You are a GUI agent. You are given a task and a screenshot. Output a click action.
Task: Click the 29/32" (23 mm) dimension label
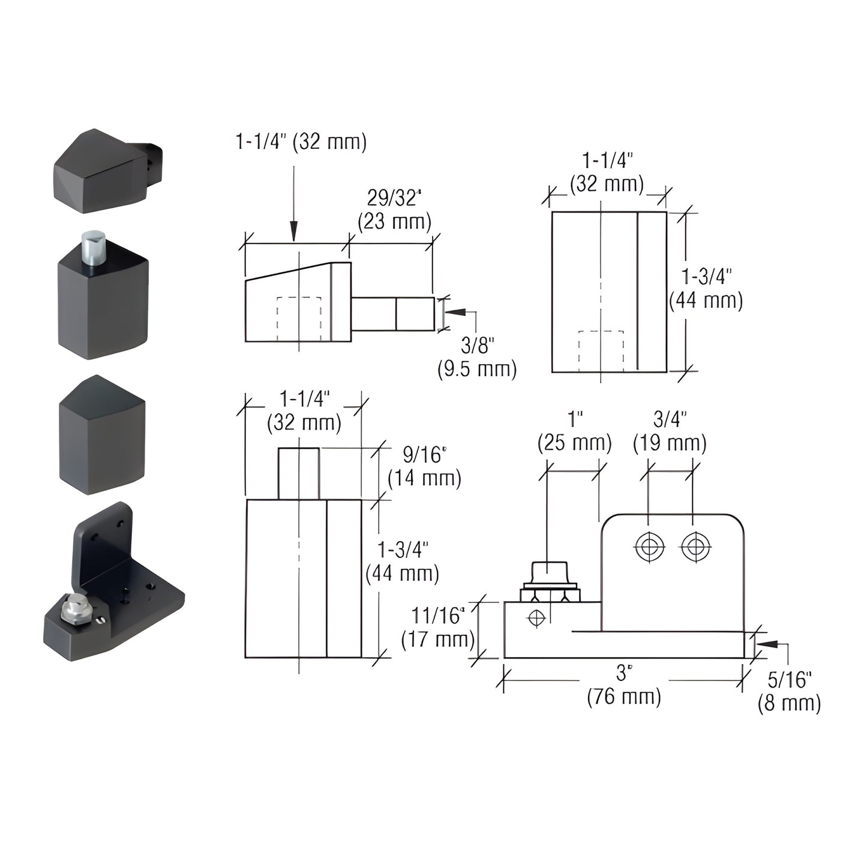coord(394,210)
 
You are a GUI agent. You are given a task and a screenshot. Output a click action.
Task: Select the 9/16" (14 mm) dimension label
coord(424,467)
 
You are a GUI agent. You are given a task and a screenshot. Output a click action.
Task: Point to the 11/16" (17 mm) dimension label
coord(437,627)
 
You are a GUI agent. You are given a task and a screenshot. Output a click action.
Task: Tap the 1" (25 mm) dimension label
coord(574,431)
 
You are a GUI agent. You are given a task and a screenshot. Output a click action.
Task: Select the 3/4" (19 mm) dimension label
coord(670,431)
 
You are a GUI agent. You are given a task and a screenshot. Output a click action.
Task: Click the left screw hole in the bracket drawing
coord(649,547)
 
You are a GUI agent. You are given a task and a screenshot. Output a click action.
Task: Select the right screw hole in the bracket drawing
coord(695,547)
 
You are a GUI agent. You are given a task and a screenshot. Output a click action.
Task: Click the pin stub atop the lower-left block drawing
coord(298,473)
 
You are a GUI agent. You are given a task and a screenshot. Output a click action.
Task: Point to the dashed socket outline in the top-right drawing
coord(601,351)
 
